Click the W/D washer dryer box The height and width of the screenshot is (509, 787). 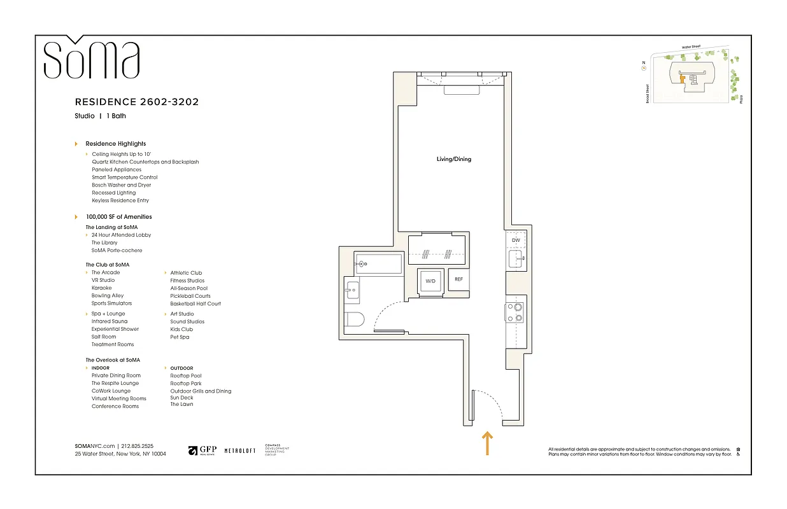(x=430, y=281)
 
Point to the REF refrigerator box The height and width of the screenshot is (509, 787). (x=458, y=279)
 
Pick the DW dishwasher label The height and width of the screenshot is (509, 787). (x=516, y=241)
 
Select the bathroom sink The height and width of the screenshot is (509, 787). (x=352, y=291)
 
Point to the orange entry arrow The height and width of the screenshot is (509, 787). (x=487, y=443)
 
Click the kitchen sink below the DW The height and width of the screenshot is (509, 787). (x=514, y=259)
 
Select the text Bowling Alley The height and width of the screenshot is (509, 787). (x=108, y=296)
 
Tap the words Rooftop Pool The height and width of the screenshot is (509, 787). (x=185, y=376)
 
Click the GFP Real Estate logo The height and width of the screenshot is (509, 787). (x=202, y=450)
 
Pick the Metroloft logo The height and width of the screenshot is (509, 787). (x=240, y=450)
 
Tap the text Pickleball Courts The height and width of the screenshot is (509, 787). (x=190, y=296)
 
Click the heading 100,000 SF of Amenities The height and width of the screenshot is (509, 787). (x=118, y=217)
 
